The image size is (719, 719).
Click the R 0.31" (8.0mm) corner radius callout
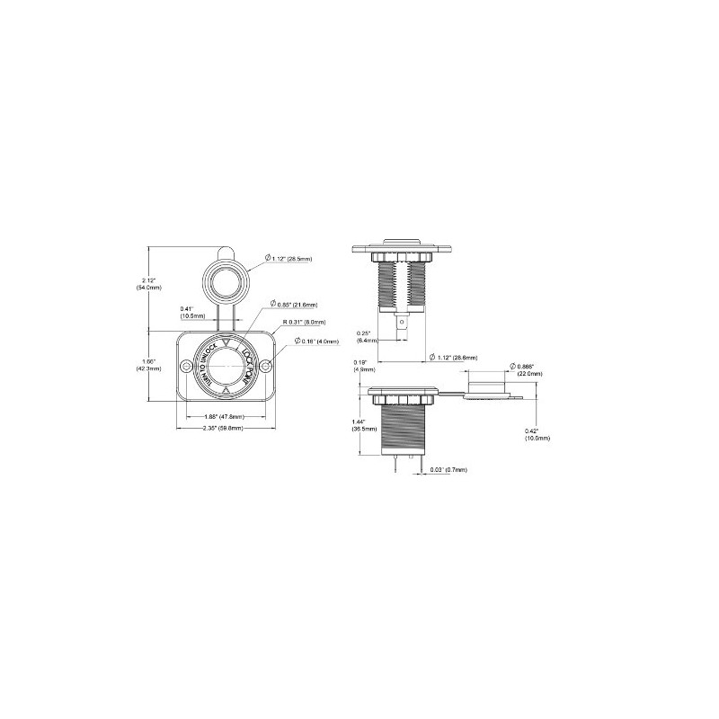304,321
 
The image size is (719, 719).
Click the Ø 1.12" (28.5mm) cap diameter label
288,259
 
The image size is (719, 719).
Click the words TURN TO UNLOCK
203,364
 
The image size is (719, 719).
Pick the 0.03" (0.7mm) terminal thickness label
448,469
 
